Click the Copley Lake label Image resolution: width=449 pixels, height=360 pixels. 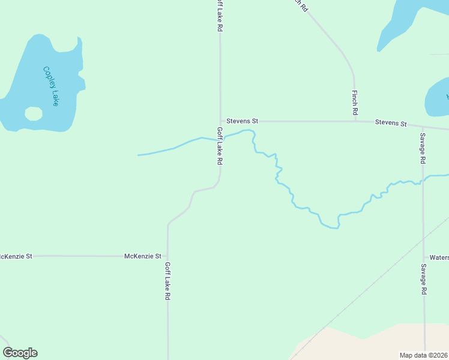(x=50, y=86)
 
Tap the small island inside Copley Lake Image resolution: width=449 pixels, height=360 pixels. (x=34, y=113)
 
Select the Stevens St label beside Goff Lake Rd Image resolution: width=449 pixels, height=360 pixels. (x=242, y=121)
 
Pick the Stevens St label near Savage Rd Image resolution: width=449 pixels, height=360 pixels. (x=391, y=123)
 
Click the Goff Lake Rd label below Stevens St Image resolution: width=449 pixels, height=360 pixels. (x=220, y=146)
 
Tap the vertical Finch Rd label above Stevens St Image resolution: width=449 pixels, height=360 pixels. (x=355, y=103)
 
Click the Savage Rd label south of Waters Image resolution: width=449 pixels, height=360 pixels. (x=423, y=279)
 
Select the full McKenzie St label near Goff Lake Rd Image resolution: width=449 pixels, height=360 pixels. (x=143, y=256)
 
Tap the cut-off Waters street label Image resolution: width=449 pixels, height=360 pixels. (x=439, y=257)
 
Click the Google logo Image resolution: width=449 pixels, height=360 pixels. (x=20, y=353)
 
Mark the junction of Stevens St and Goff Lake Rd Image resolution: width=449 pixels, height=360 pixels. (x=220, y=121)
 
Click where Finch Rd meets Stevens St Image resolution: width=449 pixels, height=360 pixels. (x=355, y=121)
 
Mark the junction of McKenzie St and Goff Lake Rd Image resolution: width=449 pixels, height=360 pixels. (x=168, y=256)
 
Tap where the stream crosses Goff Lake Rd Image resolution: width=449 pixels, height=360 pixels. (x=220, y=139)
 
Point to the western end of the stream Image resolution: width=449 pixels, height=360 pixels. (x=139, y=155)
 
